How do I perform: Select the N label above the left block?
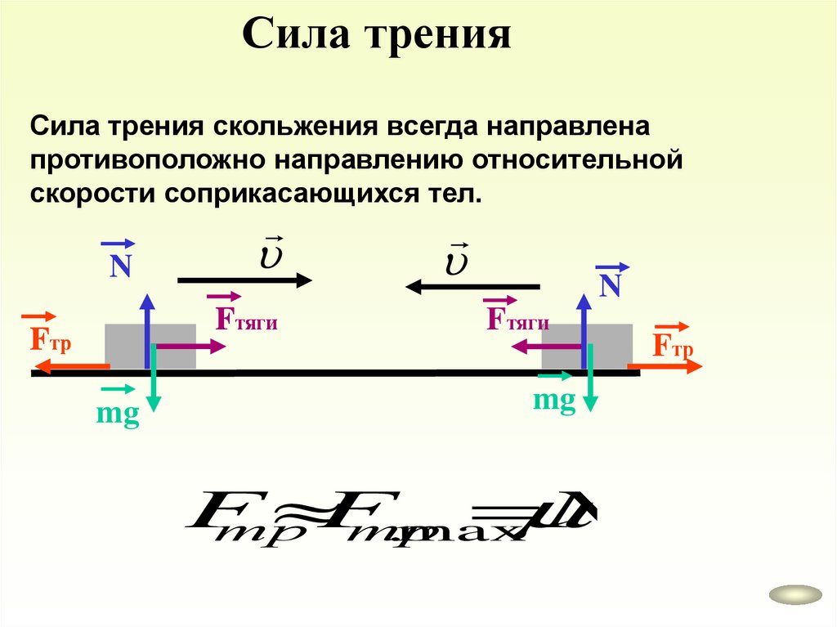pos(121,266)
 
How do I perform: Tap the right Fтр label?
pos(673,345)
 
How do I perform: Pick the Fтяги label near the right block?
pos(517,318)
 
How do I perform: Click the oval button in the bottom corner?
pos(795,594)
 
